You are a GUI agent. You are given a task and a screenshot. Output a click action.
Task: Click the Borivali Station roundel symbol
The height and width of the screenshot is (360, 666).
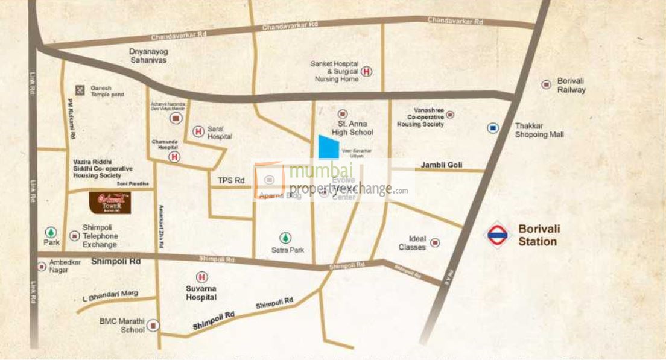tap(497, 235)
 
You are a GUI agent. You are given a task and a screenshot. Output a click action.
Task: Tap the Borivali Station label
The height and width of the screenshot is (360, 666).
tap(538, 235)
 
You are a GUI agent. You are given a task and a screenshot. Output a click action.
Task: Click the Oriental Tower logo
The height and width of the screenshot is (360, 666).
tap(110, 203)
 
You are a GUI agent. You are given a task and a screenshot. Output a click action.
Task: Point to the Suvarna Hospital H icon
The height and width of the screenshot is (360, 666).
tap(202, 277)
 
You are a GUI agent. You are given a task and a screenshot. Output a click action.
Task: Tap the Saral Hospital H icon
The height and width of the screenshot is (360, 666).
tap(198, 131)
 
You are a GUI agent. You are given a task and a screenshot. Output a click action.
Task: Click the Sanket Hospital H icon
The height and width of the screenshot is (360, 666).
tap(367, 72)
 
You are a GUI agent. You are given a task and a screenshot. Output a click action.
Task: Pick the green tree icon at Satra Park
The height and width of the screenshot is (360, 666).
tap(285, 238)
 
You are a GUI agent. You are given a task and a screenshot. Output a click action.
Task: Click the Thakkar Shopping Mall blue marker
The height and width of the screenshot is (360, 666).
tap(493, 128)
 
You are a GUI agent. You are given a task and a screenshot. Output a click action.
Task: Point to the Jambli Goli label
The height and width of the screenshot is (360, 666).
tap(442, 165)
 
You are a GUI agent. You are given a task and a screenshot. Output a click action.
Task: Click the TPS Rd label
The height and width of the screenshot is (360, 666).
tap(231, 180)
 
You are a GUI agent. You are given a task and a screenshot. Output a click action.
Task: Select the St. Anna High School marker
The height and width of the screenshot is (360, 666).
tap(343, 113)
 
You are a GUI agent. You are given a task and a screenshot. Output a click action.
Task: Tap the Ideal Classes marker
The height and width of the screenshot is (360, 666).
tap(434, 243)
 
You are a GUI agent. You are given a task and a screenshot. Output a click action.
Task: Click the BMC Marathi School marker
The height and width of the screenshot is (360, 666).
tap(154, 326)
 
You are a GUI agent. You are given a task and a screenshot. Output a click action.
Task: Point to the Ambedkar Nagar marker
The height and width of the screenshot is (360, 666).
tap(42, 266)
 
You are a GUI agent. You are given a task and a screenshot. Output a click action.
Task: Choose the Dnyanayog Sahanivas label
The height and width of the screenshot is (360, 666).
tap(148, 56)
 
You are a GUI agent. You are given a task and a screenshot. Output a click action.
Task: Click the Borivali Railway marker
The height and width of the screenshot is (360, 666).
tap(546, 85)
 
